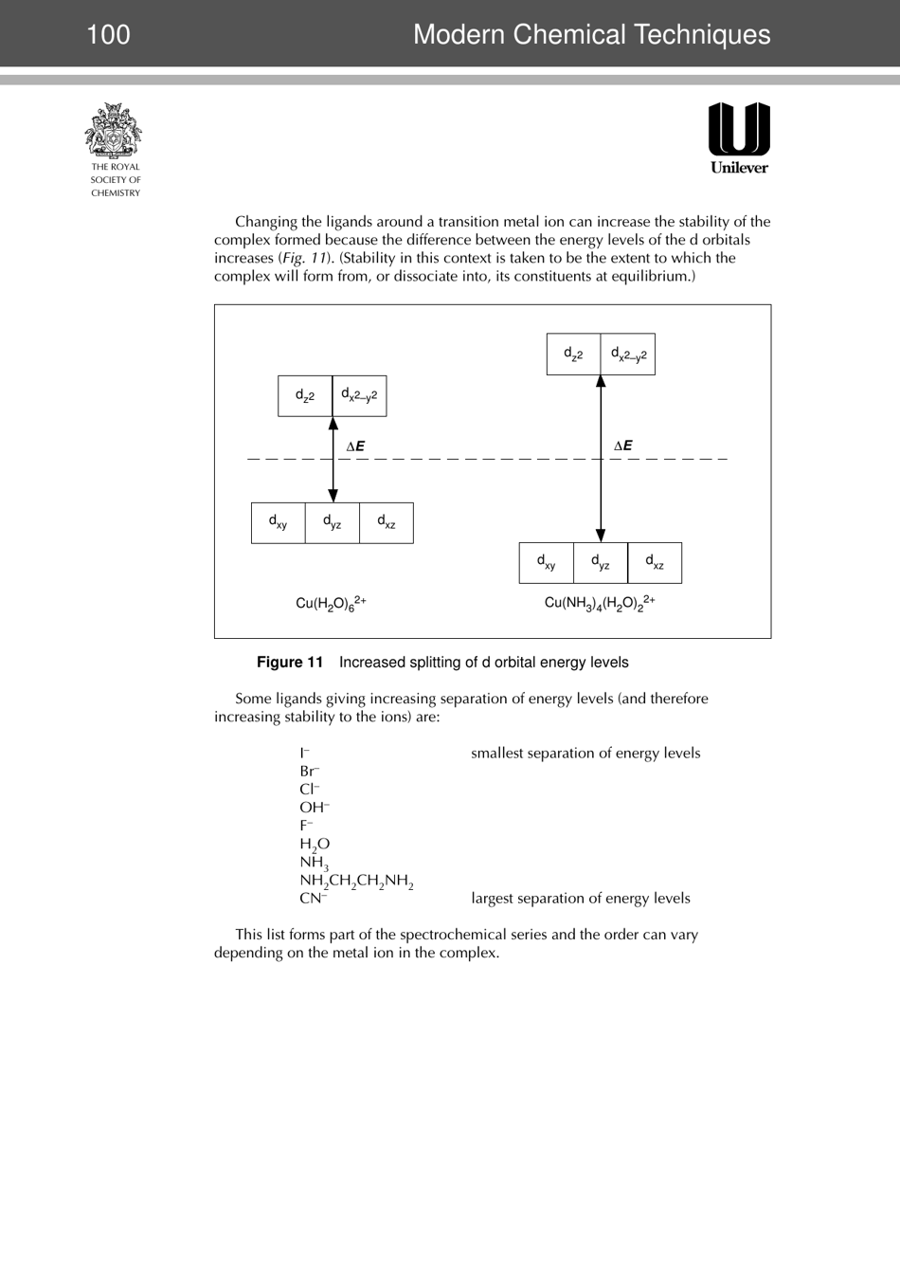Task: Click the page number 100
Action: [x=108, y=35]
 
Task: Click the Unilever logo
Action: [x=739, y=137]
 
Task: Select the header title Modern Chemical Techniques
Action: [x=591, y=35]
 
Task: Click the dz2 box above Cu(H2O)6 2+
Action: [x=305, y=396]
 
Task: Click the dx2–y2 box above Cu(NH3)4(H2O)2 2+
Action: [x=628, y=355]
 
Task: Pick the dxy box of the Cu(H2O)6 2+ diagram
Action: [x=279, y=522]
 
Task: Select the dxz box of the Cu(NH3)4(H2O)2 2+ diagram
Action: [x=655, y=563]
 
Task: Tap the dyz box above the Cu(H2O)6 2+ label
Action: [x=333, y=522]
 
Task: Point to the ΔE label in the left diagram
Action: [x=355, y=446]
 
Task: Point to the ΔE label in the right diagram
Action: [x=623, y=446]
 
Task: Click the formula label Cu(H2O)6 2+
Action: [x=331, y=603]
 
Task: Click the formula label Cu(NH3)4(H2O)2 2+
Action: [x=600, y=603]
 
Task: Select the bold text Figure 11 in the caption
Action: [x=290, y=663]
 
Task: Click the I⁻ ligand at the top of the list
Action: [x=304, y=754]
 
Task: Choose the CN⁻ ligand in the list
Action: [x=314, y=899]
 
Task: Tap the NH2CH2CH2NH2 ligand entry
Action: [x=356, y=881]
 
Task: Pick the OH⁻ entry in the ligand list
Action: [x=315, y=808]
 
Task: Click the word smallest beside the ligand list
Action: [x=500, y=754]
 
